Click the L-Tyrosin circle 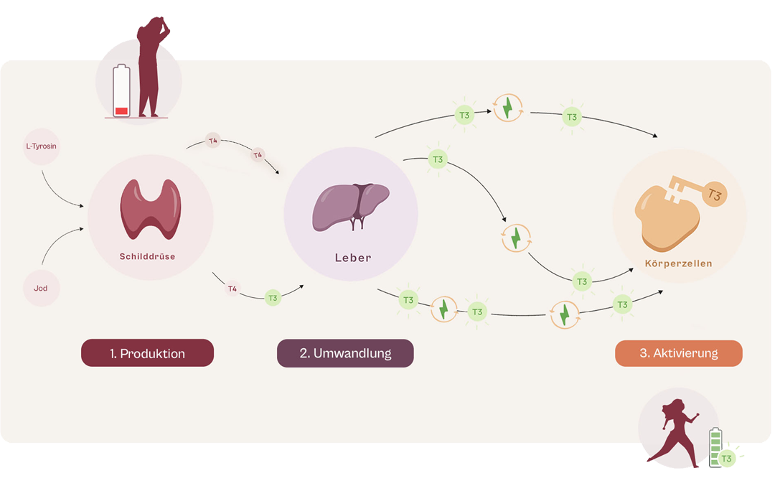click(41, 146)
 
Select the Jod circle click(41, 289)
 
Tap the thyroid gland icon click(150, 208)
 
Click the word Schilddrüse click(147, 256)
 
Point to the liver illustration click(350, 206)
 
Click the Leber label click(353, 258)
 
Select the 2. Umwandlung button click(345, 353)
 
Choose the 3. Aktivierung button click(678, 353)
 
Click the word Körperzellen click(678, 263)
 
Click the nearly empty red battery click(121, 91)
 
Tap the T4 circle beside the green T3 click(232, 289)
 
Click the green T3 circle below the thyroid click(273, 298)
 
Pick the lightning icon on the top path click(507, 108)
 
